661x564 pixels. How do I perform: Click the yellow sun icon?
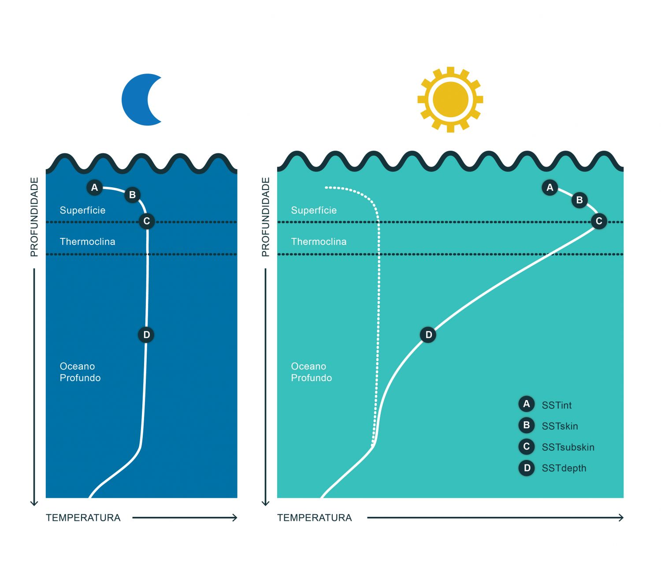[450, 100]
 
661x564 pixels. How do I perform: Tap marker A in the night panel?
[94, 188]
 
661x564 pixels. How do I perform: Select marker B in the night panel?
[132, 195]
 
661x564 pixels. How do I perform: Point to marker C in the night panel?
[147, 221]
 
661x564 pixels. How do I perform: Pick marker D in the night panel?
[147, 335]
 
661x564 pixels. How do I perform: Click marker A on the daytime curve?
[550, 188]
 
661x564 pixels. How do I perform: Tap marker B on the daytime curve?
[579, 200]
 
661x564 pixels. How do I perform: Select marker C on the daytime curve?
[599, 221]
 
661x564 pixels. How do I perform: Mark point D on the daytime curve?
[428, 335]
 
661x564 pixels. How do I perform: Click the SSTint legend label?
[557, 405]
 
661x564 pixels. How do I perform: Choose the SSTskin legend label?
[560, 426]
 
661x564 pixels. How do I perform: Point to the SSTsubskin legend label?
[568, 447]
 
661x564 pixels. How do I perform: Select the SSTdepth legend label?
[564, 468]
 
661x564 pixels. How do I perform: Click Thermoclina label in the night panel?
[87, 241]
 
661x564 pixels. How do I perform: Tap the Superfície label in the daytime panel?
[314, 210]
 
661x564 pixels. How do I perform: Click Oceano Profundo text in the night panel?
[80, 372]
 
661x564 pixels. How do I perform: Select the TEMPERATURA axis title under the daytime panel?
[314, 518]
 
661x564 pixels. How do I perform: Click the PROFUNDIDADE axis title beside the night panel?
[34, 217]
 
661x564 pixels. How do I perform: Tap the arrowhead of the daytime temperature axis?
[621, 518]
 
